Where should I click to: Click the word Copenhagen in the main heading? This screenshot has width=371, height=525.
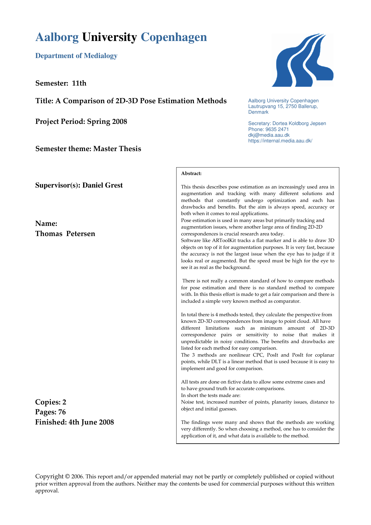(x=174, y=37)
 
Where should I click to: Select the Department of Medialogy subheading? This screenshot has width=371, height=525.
(x=76, y=56)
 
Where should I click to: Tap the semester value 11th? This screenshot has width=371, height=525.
(x=79, y=83)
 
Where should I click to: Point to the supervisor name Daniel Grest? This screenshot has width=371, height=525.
(x=102, y=185)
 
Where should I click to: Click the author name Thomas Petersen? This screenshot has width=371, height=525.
(x=65, y=234)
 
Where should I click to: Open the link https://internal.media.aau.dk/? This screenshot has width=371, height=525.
(x=280, y=141)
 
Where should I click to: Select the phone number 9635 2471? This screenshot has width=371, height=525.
(x=277, y=129)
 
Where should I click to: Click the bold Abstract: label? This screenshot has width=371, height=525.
(x=191, y=174)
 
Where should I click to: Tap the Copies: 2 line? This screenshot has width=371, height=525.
(x=51, y=402)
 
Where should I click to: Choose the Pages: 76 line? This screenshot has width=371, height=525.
(x=50, y=412)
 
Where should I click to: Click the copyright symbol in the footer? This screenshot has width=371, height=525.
(x=67, y=477)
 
